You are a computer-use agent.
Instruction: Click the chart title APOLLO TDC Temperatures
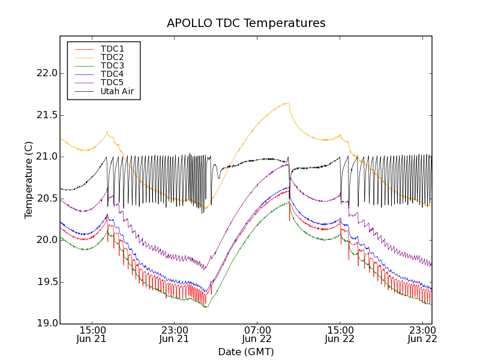246,23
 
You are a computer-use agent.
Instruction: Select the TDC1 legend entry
112,49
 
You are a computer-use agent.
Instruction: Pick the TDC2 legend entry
112,57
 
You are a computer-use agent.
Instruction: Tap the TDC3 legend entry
112,65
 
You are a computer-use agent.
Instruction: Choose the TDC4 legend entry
112,74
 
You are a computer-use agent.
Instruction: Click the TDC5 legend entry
112,82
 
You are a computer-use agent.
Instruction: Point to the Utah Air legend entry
116,91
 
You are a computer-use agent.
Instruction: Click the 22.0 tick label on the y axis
46,73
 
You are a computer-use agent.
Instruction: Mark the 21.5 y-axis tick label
46,115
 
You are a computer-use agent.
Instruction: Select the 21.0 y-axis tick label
46,157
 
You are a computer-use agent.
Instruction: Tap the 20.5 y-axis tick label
46,199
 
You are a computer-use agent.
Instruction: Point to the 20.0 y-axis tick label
46,240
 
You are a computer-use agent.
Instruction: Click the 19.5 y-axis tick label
46,282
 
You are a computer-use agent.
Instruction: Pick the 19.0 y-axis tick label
46,323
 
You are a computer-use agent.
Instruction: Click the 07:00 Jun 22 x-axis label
257,334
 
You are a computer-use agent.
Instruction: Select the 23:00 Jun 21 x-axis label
174,334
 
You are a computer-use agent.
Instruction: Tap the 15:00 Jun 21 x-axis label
91,334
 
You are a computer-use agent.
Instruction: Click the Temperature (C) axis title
29,180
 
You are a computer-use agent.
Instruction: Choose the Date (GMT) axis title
246,352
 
